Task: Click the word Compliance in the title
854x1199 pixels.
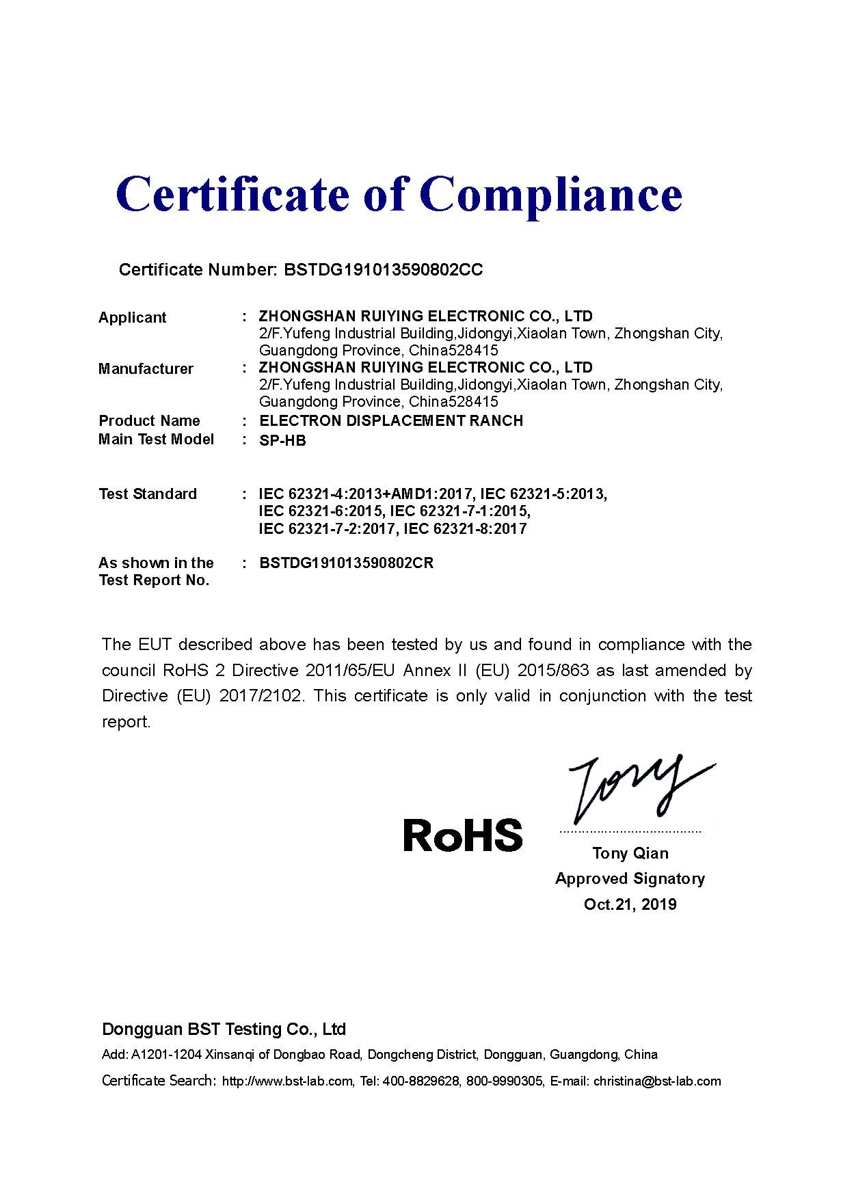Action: pyautogui.click(x=555, y=195)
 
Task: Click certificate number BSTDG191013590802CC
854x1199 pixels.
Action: pyautogui.click(x=383, y=269)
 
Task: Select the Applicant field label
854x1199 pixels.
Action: pyautogui.click(x=133, y=317)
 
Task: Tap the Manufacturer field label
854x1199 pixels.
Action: pyautogui.click(x=146, y=368)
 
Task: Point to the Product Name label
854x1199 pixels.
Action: pyautogui.click(x=149, y=420)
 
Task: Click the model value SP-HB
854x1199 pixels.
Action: pyautogui.click(x=282, y=441)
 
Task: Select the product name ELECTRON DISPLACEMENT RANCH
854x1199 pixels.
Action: pyautogui.click(x=391, y=420)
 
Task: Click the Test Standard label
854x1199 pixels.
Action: pyautogui.click(x=148, y=494)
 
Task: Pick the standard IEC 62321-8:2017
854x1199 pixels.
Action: pyautogui.click(x=466, y=528)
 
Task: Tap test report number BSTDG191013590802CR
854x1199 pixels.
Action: pyautogui.click(x=347, y=563)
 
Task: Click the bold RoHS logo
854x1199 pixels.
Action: pyautogui.click(x=463, y=835)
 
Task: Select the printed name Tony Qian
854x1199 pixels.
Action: pyautogui.click(x=630, y=853)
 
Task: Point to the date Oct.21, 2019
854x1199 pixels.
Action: pyautogui.click(x=630, y=904)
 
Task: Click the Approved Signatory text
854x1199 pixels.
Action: pyautogui.click(x=630, y=878)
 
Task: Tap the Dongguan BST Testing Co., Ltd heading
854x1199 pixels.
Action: pyautogui.click(x=224, y=1029)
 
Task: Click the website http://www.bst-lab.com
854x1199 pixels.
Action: pyautogui.click(x=287, y=1081)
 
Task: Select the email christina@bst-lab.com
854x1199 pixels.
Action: pyautogui.click(x=657, y=1081)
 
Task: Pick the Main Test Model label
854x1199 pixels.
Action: pyautogui.click(x=156, y=439)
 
